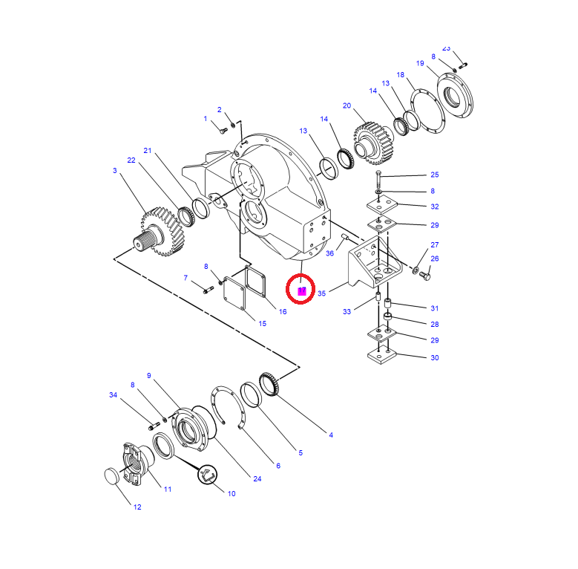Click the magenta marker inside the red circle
coord(302,290)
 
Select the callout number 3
coord(115,171)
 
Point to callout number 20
coord(347,105)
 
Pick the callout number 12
coord(137,507)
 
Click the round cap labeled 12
coord(112,477)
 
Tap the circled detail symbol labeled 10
coord(206,475)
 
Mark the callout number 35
coord(321,293)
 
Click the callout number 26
coord(435,259)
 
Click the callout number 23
coord(446,47)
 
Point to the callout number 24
coord(257,478)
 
